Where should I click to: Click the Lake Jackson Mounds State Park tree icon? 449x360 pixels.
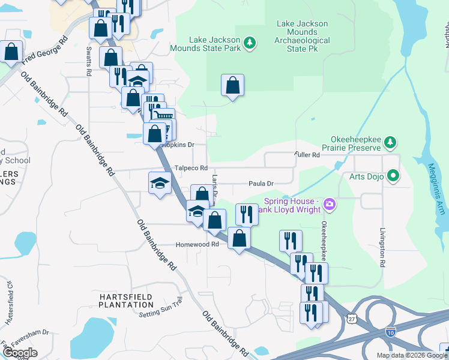[250, 43]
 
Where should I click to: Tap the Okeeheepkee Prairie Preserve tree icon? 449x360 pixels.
[391, 142]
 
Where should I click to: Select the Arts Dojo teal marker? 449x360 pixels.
[394, 176]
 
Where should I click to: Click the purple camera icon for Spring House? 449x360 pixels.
[329, 205]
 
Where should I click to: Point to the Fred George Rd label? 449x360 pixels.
[44, 53]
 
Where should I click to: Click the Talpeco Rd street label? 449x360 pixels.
[191, 169]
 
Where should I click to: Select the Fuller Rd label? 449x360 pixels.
[307, 155]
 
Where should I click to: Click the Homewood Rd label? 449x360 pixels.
[197, 245]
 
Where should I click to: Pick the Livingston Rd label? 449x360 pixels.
[382, 248]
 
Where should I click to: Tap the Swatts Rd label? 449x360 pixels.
[88, 62]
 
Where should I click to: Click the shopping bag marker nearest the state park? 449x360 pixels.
[232, 85]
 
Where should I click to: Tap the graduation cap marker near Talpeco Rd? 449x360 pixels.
[160, 182]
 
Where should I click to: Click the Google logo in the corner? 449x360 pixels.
[20, 353]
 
